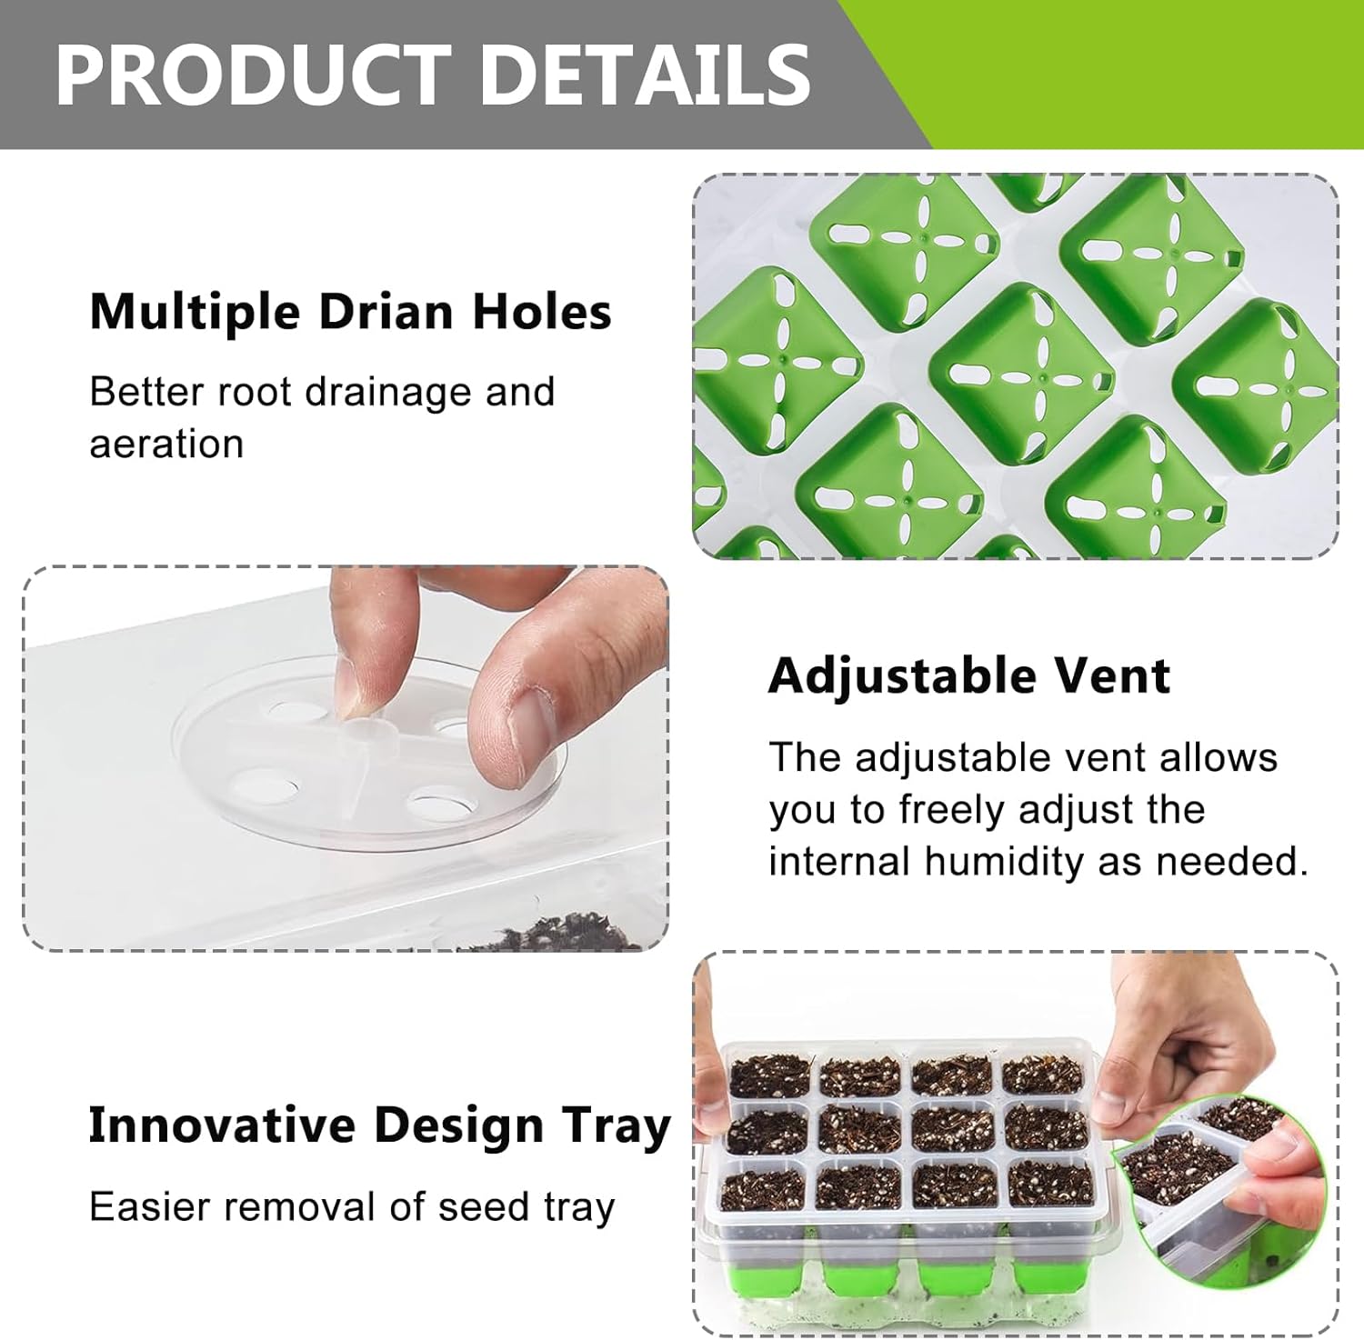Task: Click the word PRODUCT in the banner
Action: pos(254,75)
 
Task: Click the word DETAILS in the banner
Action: pos(645,75)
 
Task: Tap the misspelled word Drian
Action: pos(386,311)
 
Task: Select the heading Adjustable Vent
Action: pos(969,676)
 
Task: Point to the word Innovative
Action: pos(222,1125)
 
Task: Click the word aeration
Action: pos(166,444)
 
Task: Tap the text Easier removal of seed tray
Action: pos(352,1207)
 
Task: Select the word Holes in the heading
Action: pos(542,311)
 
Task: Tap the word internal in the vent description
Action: pos(838,861)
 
